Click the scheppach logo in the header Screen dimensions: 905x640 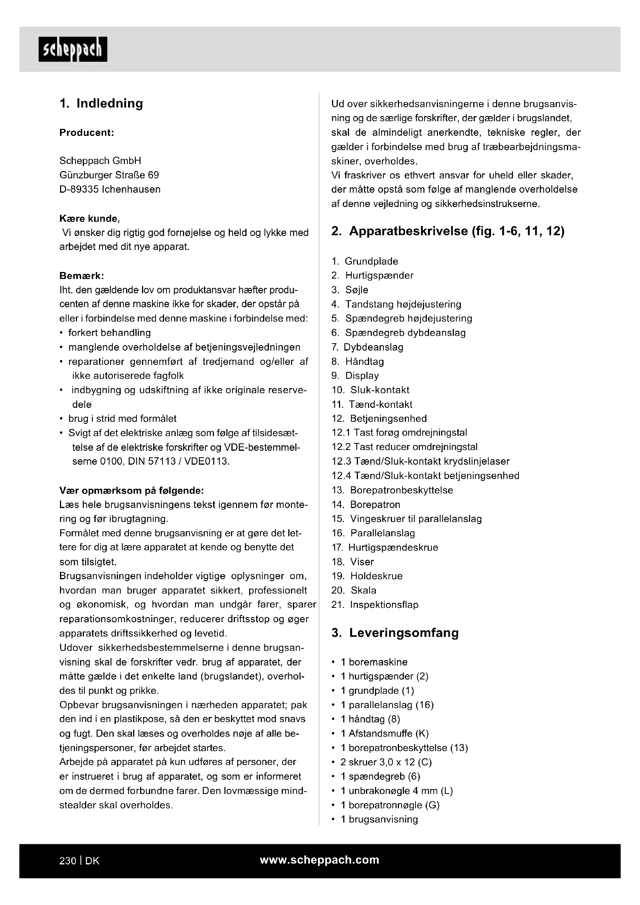[73, 49]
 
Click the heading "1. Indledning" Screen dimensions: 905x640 [101, 103]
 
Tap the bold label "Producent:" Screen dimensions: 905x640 [87, 132]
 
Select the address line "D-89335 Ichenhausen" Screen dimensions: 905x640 [110, 189]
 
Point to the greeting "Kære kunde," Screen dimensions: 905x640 [89, 218]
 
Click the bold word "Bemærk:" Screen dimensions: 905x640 [82, 275]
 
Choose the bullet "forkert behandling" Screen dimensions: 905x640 [109, 333]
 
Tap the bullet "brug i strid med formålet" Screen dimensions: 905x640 [122, 418]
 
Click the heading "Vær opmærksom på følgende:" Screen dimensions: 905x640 [132, 490]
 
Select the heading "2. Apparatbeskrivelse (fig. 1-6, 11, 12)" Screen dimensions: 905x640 [448, 231]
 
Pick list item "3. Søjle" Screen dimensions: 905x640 [350, 290]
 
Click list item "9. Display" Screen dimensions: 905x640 [355, 376]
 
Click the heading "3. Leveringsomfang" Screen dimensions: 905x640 [395, 633]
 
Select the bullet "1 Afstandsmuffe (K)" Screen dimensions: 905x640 [384, 733]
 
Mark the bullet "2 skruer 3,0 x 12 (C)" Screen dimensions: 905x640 [386, 762]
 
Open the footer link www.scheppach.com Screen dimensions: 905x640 [320, 860]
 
